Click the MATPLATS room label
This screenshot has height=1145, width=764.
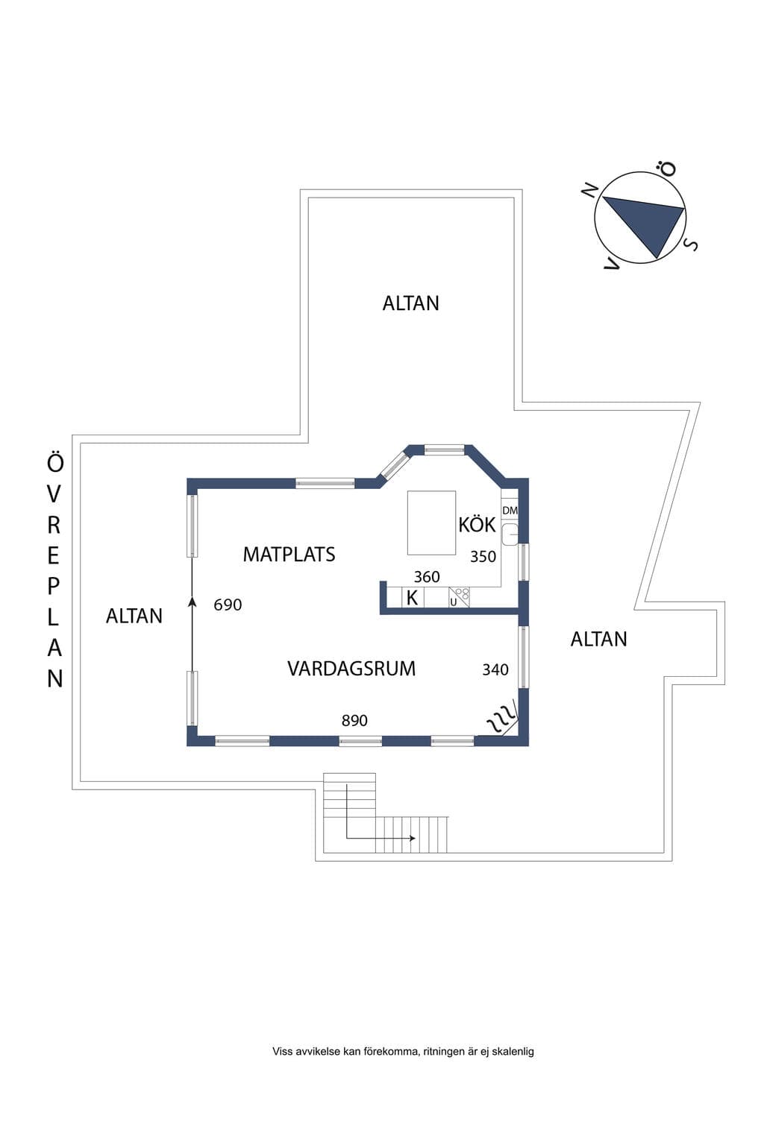pos(289,555)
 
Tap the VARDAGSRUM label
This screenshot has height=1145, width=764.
pos(351,669)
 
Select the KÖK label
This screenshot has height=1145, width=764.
pos(477,525)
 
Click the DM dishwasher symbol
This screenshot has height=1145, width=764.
pos(510,511)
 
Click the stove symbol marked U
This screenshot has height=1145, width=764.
pos(459,597)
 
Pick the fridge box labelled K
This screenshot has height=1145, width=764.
pos(413,598)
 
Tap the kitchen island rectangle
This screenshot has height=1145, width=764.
pos(431,523)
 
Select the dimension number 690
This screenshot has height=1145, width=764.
pos(228,605)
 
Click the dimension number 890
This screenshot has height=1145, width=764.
pos(354,721)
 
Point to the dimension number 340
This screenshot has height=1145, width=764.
pos(495,669)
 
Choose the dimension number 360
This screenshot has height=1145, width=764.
pos(427,577)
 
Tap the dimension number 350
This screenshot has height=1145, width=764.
pos(483,557)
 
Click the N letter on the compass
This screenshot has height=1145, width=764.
pos(590,190)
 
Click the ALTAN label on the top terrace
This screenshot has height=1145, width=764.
pos(411,303)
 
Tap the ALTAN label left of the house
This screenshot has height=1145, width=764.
pos(134,616)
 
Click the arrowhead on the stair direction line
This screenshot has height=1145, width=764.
pos(412,839)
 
